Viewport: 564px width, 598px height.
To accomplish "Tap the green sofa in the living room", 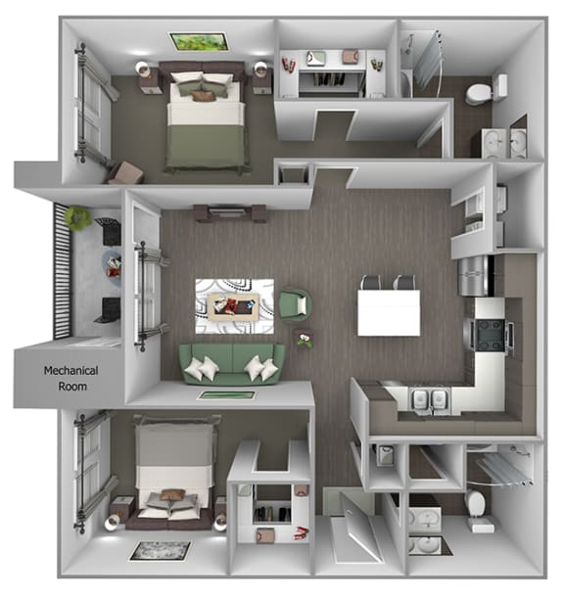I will (232, 361).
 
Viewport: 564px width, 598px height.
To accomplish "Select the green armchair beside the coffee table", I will (294, 303).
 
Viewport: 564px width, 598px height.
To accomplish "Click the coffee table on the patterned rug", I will (235, 303).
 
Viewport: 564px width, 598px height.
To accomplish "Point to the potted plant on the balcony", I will (76, 217).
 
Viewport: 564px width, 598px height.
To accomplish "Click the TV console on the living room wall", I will (231, 212).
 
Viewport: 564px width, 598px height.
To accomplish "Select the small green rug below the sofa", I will (227, 395).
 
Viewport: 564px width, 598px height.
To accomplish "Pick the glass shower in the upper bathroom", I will (428, 59).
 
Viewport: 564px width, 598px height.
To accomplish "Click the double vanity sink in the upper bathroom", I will (505, 143).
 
